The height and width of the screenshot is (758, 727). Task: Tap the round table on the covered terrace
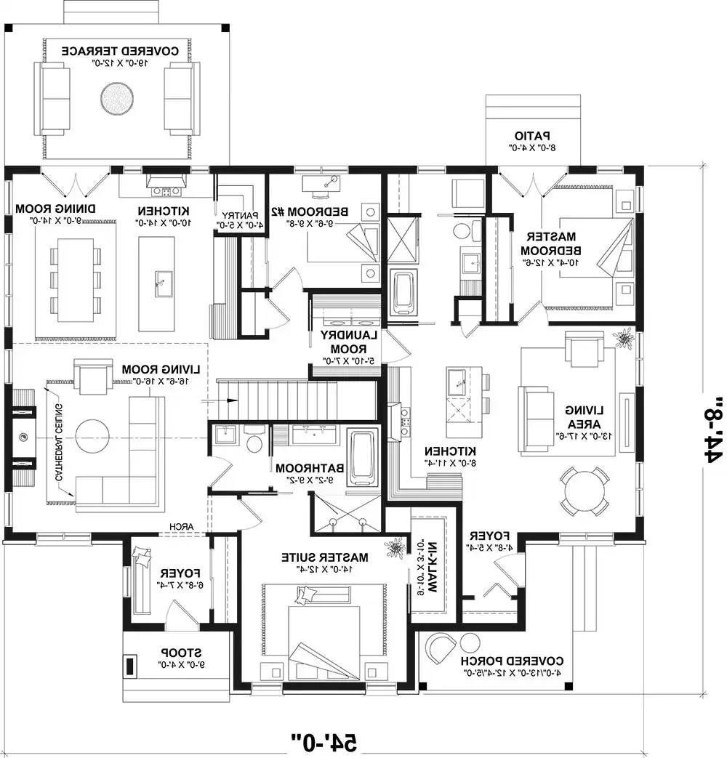pos(116,97)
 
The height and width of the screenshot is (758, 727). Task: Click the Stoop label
pos(182,657)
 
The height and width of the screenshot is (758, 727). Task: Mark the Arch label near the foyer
pos(180,528)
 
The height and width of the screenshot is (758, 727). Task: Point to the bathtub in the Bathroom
pos(363,457)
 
